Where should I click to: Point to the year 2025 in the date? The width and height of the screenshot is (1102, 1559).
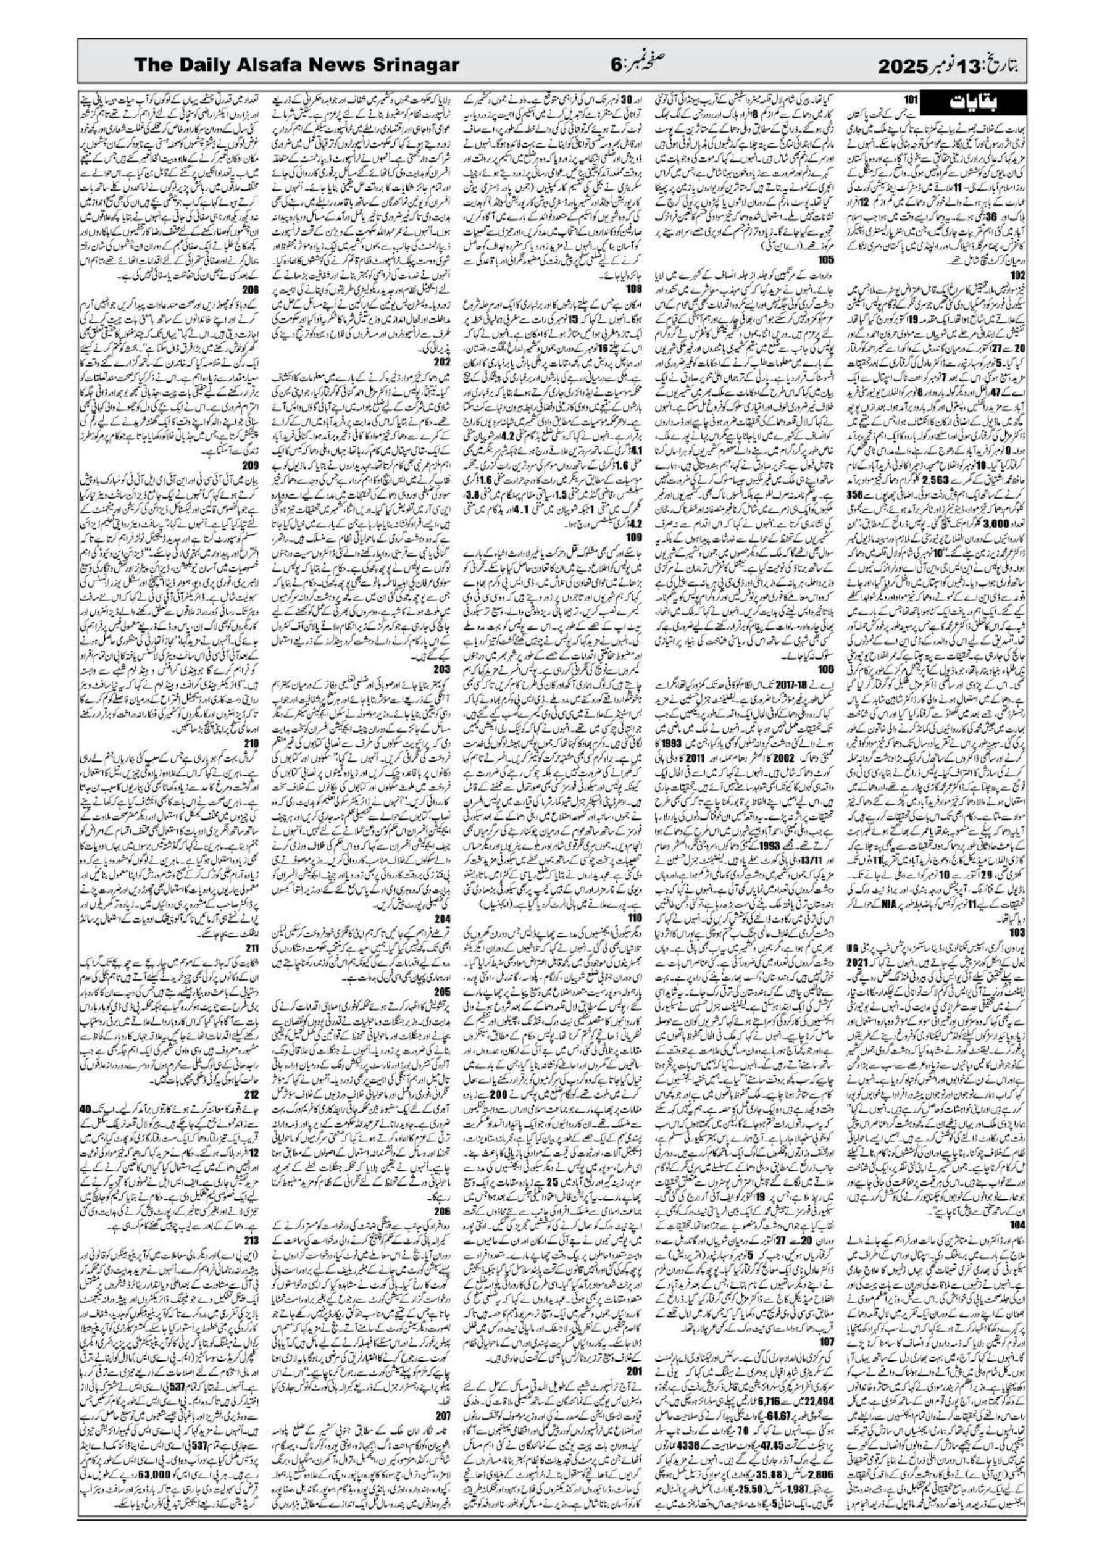[910, 66]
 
